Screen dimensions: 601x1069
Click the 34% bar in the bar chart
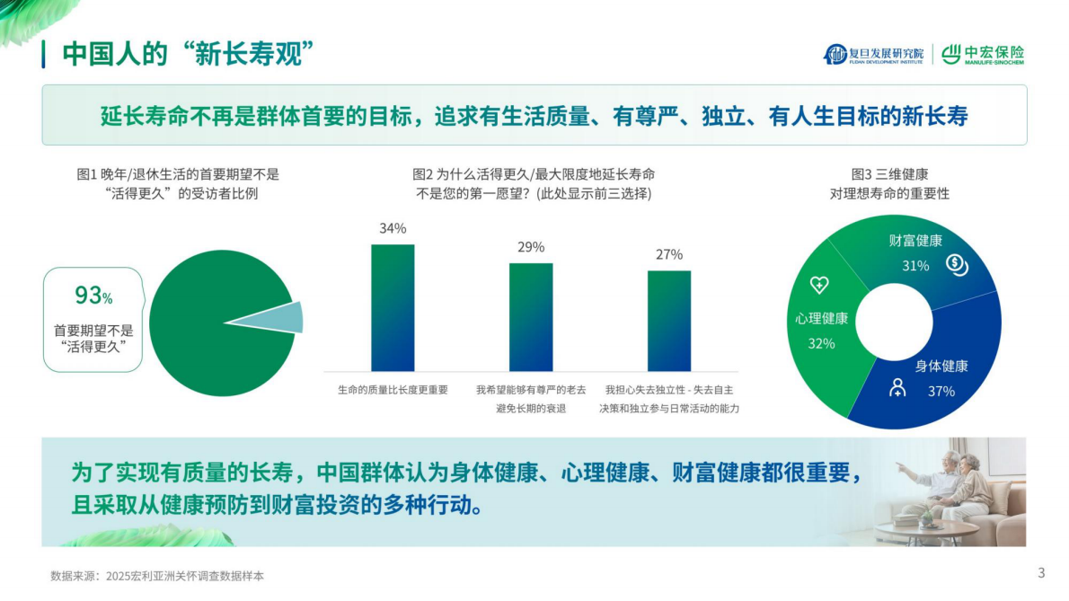click(x=393, y=307)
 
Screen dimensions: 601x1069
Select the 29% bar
click(x=531, y=316)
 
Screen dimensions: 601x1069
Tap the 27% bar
click(x=669, y=320)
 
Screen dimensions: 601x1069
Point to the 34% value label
click(x=393, y=228)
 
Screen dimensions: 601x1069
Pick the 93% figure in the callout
click(x=93, y=295)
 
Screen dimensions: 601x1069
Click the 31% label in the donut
click(x=915, y=266)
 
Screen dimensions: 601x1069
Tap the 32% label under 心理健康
click(x=821, y=343)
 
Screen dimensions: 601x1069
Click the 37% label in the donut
click(x=941, y=391)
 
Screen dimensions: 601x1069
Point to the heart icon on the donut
click(x=819, y=285)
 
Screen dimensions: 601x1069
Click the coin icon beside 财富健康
click(x=956, y=263)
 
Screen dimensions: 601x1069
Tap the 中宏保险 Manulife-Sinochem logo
click(x=983, y=55)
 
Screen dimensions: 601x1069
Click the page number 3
click(x=1041, y=572)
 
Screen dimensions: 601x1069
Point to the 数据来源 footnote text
click(x=157, y=575)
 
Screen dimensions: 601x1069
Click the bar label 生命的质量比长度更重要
click(x=393, y=390)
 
